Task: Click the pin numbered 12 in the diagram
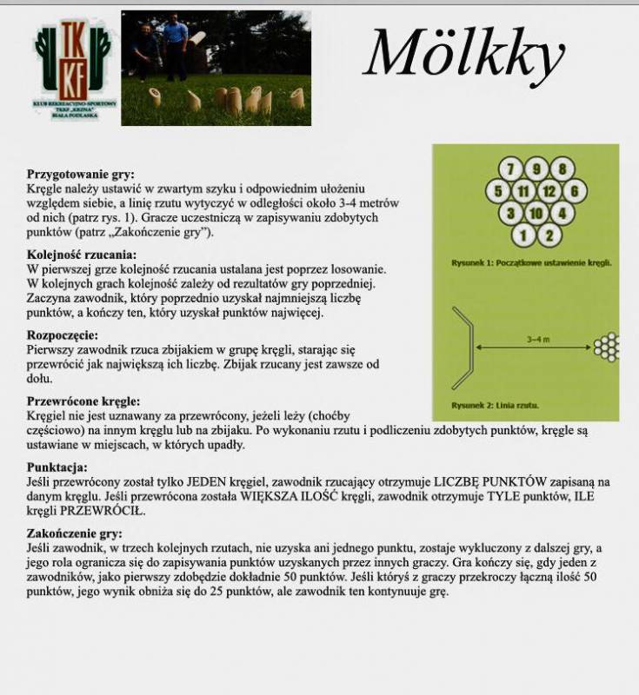point(550,191)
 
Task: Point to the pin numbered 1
point(525,234)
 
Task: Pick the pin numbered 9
point(537,169)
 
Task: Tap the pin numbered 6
point(575,191)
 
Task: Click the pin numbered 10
point(537,213)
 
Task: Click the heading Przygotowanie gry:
point(81,175)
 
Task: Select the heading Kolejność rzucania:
point(82,255)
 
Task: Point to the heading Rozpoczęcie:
point(63,335)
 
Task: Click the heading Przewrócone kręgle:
point(83,402)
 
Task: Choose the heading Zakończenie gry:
point(75,534)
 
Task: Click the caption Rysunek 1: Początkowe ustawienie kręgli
point(531,261)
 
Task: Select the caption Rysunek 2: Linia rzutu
point(495,405)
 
